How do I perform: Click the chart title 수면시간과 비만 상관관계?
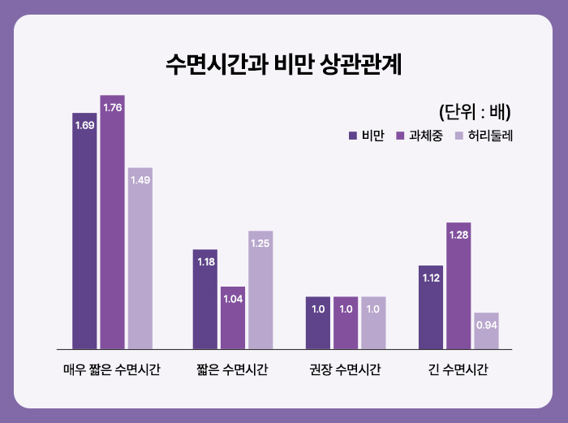point(283,65)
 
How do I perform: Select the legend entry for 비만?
point(366,135)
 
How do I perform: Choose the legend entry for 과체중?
point(418,135)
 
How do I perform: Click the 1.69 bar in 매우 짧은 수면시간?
point(84,231)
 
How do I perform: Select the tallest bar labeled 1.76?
point(112,222)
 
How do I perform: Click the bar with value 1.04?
point(233,317)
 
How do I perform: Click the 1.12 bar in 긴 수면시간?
point(431,307)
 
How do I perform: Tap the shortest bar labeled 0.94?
point(486,330)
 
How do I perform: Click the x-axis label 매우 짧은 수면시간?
point(112,370)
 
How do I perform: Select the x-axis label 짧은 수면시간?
point(232,370)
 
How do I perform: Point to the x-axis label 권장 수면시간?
point(346,370)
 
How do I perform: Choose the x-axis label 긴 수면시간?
point(458,370)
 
